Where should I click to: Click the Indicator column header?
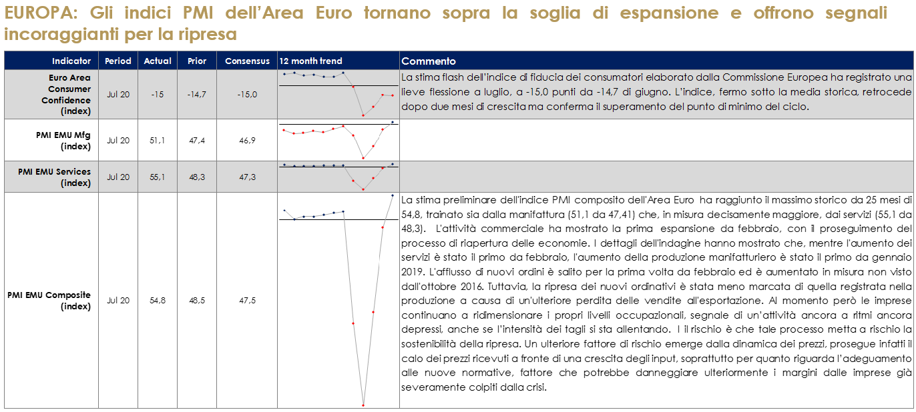coord(71,61)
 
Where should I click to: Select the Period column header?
coord(118,61)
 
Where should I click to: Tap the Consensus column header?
coord(247,61)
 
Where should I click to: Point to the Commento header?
coord(429,61)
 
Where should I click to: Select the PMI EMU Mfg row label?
coord(63,140)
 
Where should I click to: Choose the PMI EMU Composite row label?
coord(49,301)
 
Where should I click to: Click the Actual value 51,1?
coord(158,140)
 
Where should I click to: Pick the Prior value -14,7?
coord(197,95)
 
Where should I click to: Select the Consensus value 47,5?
coord(247,301)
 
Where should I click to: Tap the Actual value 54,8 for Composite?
coord(158,301)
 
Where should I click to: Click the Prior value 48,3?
coord(197,177)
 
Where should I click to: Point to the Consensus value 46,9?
coord(247,140)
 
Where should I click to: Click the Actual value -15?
coord(158,95)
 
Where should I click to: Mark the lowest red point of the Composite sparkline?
coord(363,405)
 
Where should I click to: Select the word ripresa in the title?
coord(207,33)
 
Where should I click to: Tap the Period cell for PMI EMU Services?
coord(118,177)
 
